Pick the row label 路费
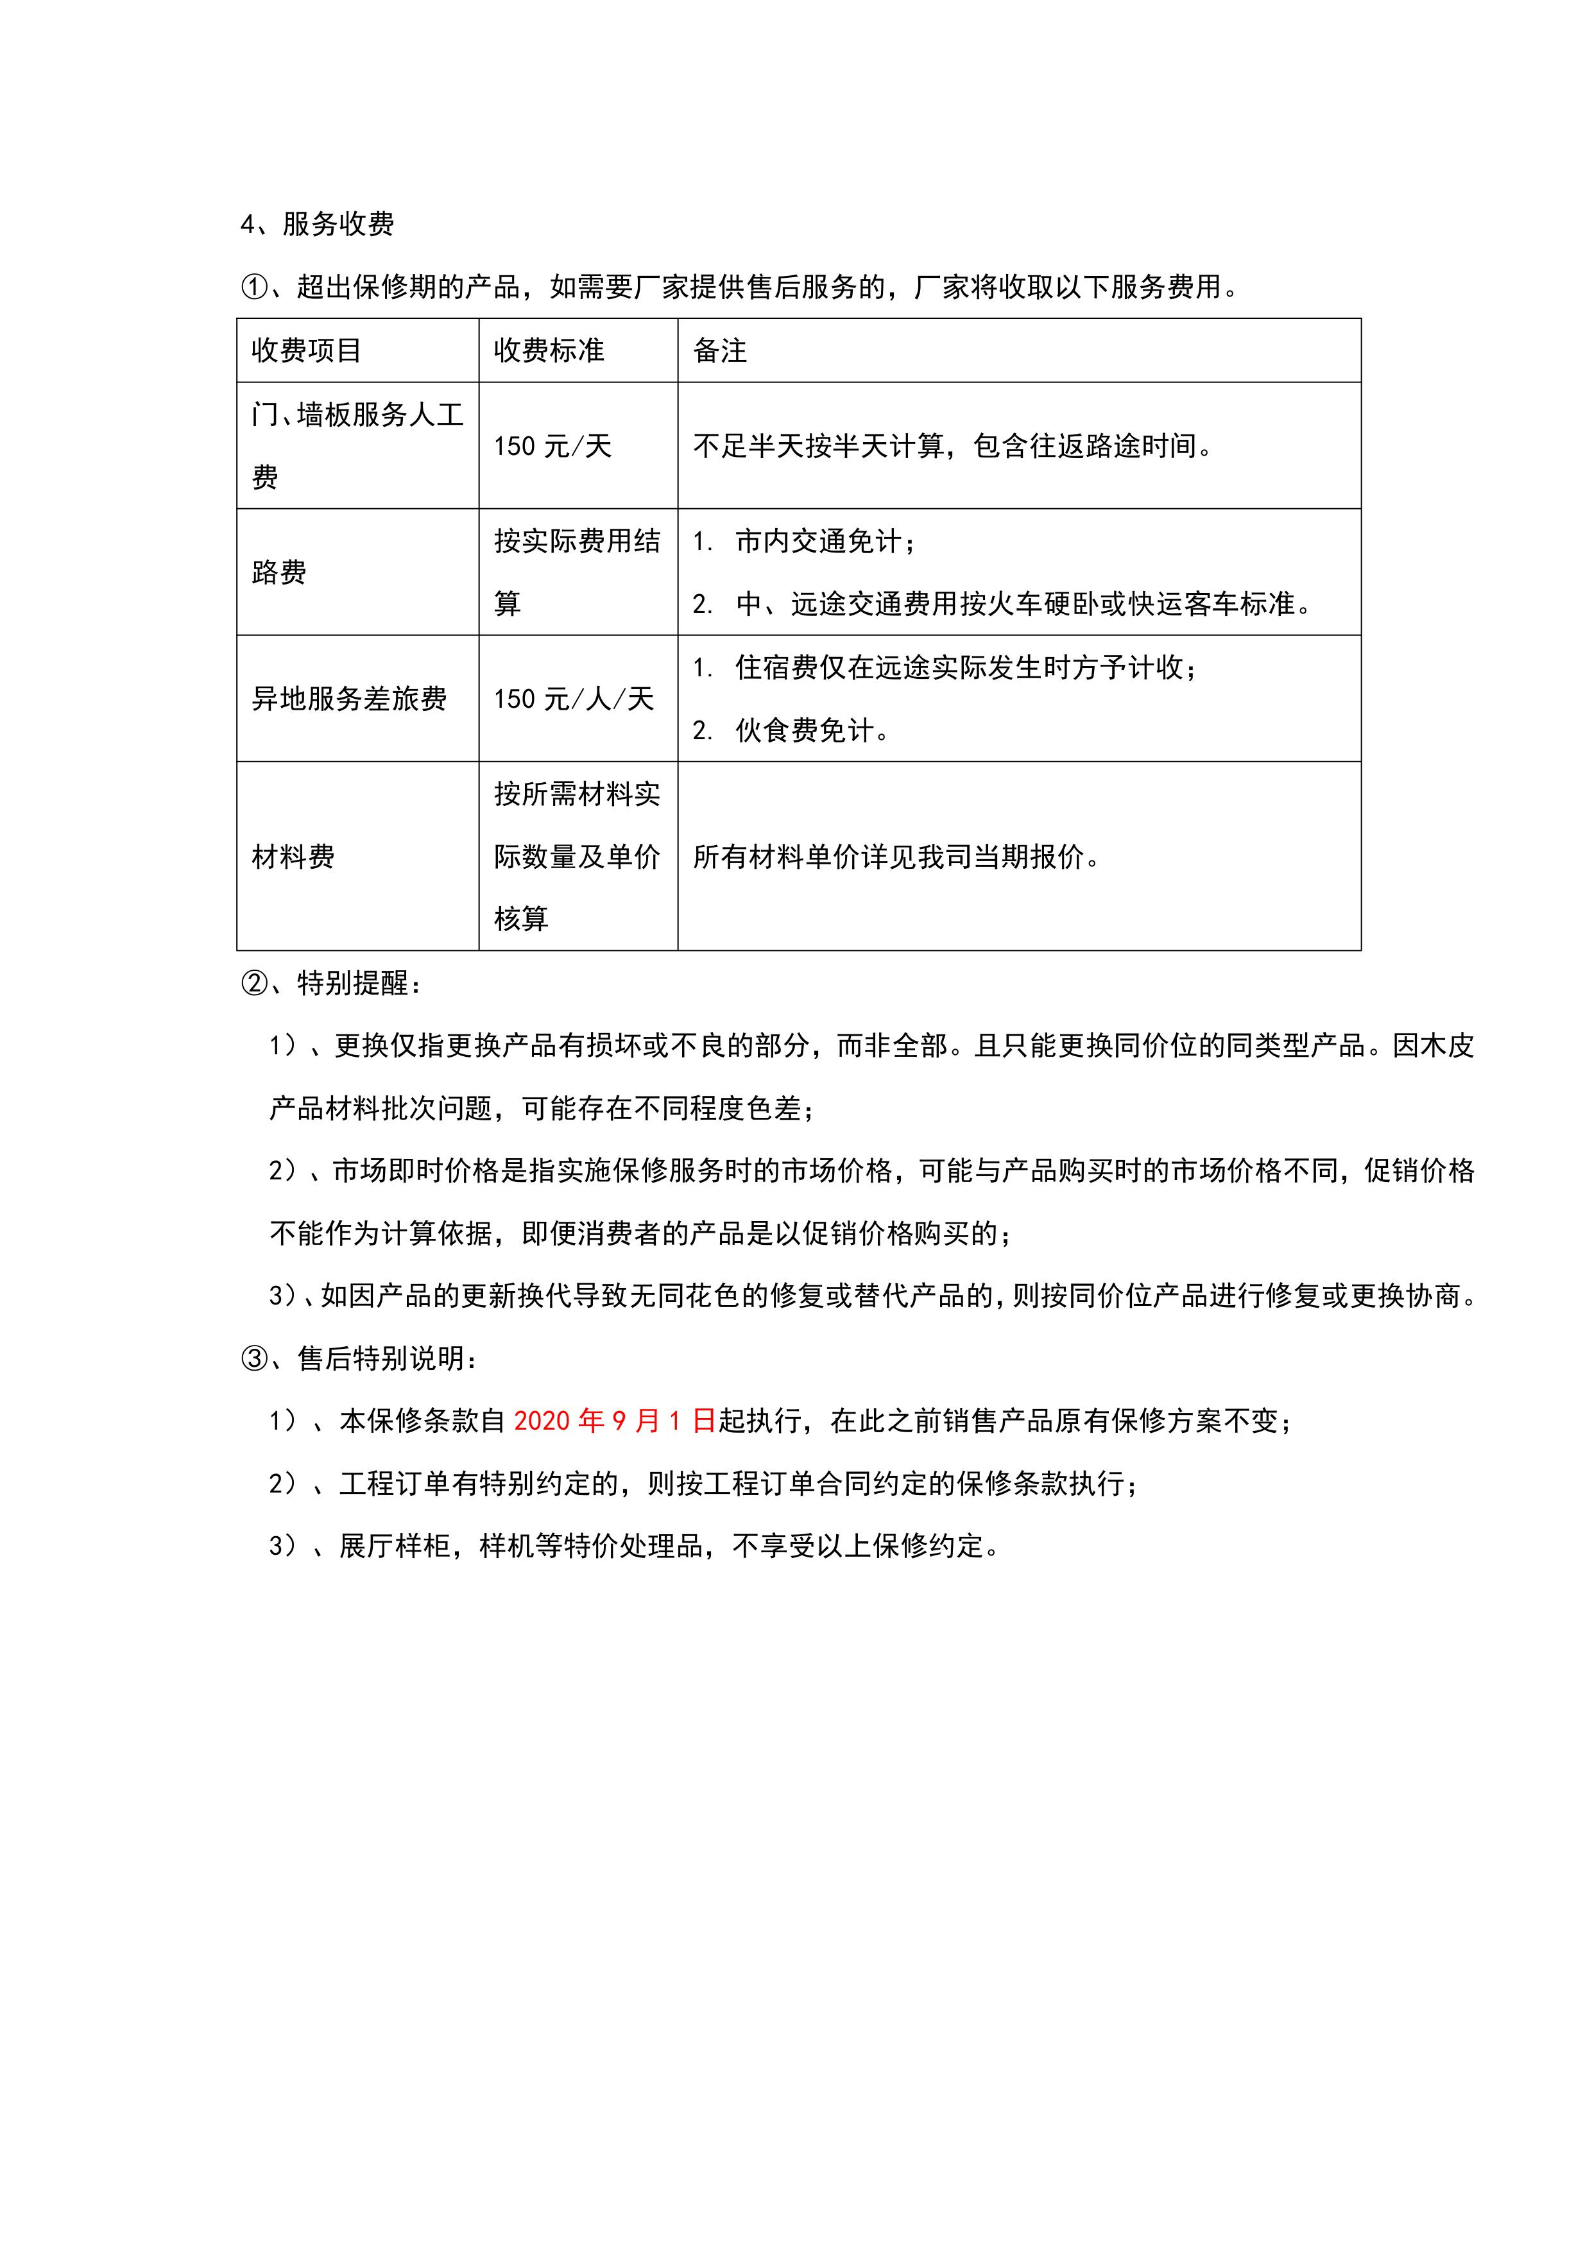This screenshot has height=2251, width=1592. (279, 572)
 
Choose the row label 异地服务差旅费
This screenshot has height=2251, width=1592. (349, 699)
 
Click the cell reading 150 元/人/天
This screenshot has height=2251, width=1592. (574, 699)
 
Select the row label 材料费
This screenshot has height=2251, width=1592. (293, 857)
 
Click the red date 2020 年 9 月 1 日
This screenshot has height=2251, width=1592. (615, 1421)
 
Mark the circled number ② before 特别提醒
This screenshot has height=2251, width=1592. (254, 983)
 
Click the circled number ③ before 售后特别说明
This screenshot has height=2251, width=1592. (254, 1359)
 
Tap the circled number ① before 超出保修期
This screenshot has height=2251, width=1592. (254, 287)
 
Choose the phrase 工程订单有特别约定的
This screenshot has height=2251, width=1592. (479, 1484)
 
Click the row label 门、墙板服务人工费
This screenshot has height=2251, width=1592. (357, 445)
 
